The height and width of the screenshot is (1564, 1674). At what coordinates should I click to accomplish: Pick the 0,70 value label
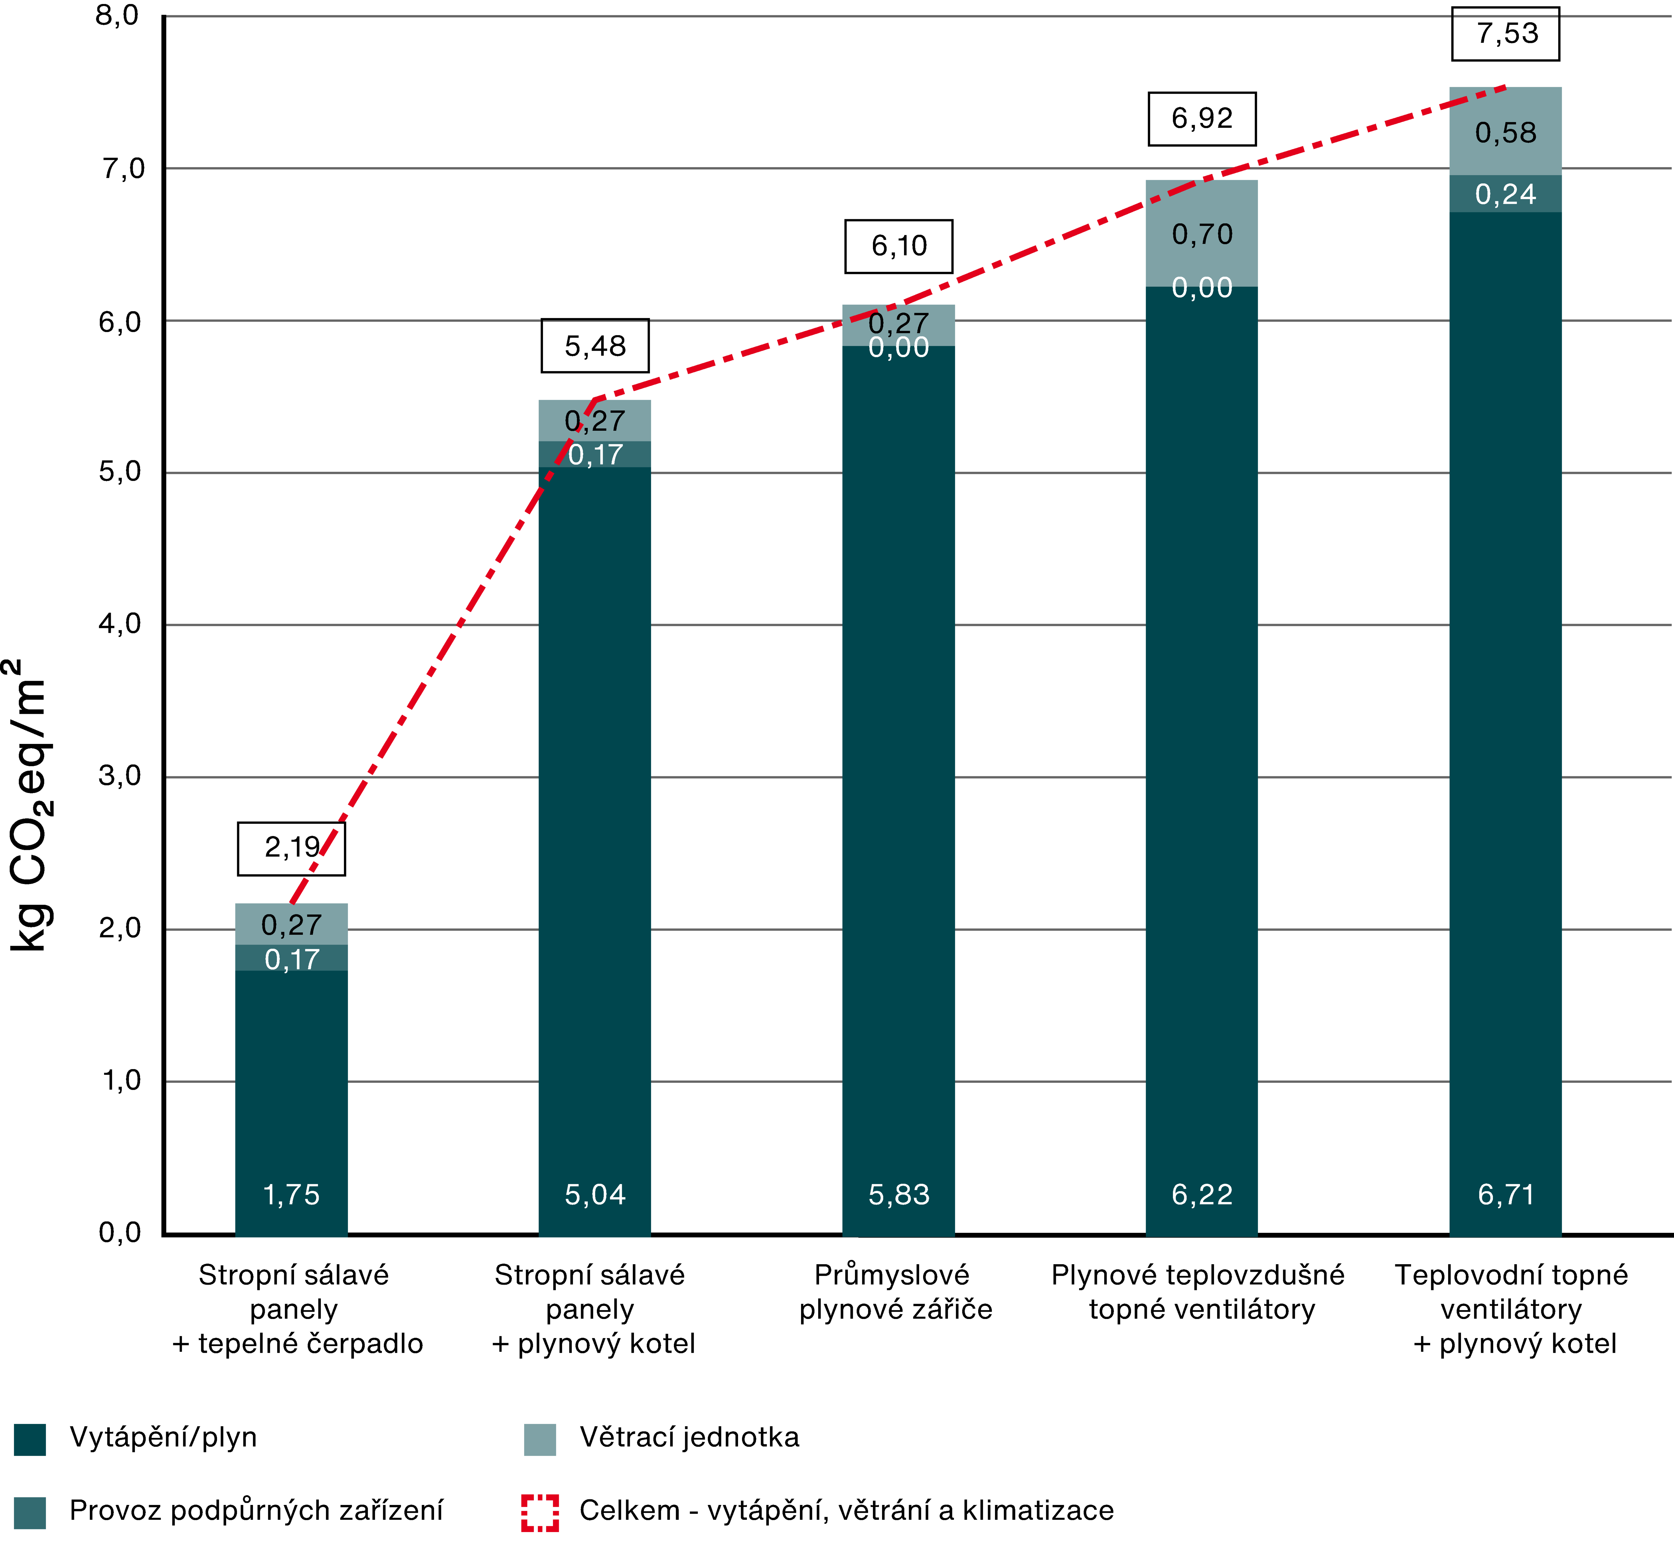click(1202, 234)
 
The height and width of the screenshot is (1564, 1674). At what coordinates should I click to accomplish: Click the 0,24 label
click(1506, 195)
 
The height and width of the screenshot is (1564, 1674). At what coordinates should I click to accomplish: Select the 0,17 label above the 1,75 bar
click(291, 959)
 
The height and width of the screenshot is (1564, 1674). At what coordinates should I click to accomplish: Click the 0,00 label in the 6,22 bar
click(1202, 288)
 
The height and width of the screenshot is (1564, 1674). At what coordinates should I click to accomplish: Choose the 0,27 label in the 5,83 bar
click(898, 323)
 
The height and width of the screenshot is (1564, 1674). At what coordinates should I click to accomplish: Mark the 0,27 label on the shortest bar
click(291, 925)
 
